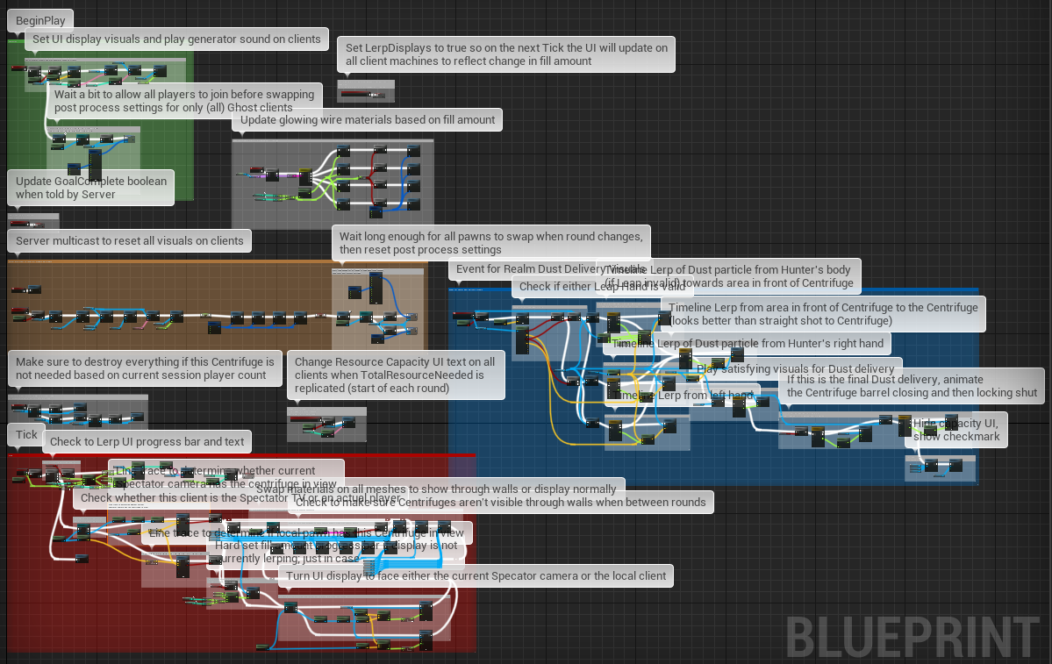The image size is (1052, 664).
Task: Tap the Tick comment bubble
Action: (27, 434)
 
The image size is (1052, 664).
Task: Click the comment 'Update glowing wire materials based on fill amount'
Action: (368, 120)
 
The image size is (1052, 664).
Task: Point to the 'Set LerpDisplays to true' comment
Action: (506, 54)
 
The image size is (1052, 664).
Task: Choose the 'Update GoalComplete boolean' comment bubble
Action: (90, 188)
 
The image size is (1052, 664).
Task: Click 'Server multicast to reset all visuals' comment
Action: (130, 240)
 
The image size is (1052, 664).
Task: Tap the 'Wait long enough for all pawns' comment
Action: (491, 243)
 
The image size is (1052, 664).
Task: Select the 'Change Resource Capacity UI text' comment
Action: (395, 375)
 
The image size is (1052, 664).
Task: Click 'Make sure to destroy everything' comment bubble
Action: (145, 368)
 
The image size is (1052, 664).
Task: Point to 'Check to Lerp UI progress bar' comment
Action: (147, 441)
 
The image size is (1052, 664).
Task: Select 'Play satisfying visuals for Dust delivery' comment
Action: (795, 368)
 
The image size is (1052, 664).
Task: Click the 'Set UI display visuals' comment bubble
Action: (176, 39)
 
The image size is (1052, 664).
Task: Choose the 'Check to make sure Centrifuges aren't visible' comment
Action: (553, 503)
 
